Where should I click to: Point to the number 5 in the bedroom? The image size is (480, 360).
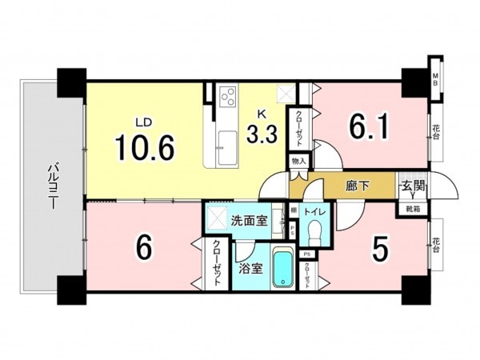(380, 250)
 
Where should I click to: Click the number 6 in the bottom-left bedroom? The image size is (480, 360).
(144, 249)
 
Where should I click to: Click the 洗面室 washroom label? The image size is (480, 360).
(250, 219)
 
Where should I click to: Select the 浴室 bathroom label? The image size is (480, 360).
(250, 269)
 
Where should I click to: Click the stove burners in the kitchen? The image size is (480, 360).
(227, 98)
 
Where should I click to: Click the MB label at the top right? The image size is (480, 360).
(436, 78)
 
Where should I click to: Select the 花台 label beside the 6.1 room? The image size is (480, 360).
(437, 130)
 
